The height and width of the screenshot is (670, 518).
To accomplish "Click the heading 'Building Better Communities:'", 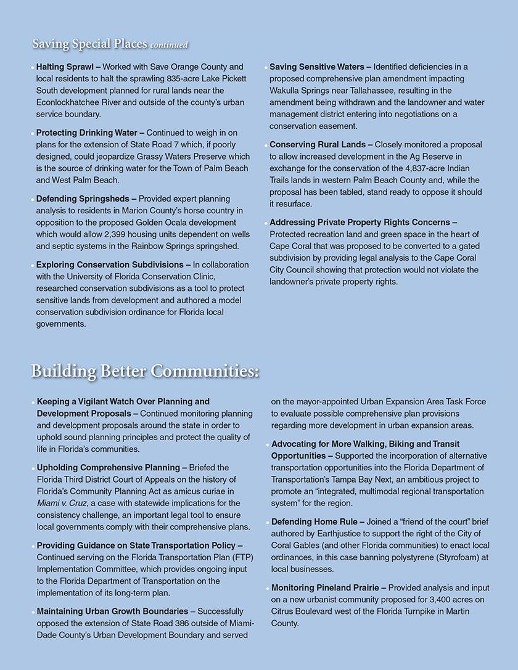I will [145, 371].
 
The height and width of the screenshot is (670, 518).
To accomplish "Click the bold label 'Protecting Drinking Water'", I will [89, 133].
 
